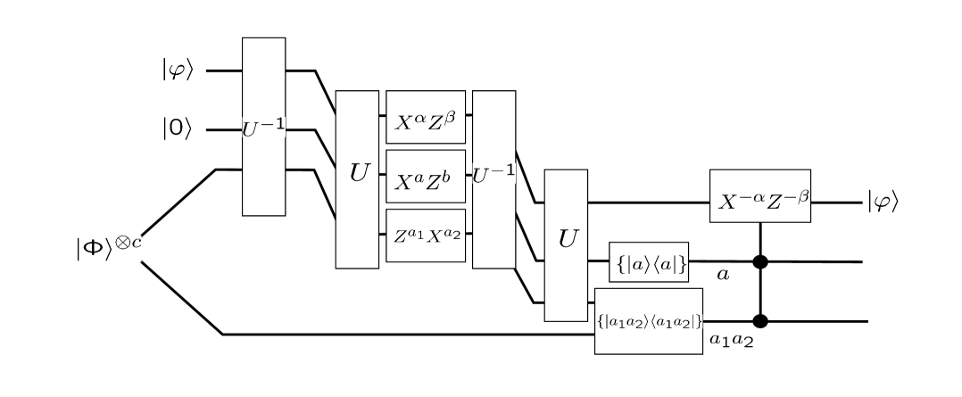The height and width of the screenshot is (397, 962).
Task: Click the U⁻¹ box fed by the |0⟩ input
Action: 264,127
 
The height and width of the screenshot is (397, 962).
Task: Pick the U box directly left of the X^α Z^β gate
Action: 356,178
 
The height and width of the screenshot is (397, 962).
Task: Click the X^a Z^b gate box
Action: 427,177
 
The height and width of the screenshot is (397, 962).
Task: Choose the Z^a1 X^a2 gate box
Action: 427,236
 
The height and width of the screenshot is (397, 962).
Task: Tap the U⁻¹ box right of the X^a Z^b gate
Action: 494,178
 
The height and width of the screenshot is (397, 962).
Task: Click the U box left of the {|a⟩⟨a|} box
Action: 566,244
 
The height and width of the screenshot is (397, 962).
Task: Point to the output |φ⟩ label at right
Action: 883,202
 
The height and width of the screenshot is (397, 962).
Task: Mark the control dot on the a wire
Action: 760,261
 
